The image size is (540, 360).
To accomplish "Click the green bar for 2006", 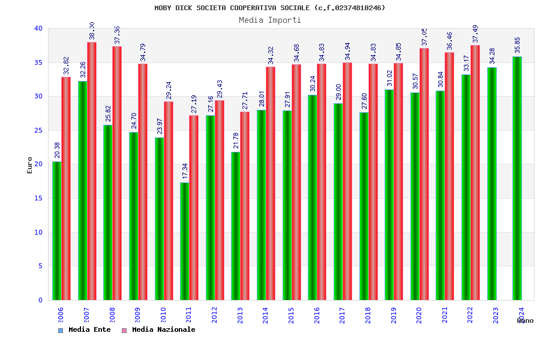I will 56,231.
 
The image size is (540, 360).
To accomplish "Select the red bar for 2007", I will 92,171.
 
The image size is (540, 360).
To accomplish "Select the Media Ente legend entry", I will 85,330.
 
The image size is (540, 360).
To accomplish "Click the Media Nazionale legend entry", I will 158,330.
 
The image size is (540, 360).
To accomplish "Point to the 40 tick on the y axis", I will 38,28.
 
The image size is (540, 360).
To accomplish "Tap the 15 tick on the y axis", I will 38,198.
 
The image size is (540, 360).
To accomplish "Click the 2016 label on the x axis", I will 317,315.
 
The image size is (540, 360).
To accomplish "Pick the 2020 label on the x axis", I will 419,315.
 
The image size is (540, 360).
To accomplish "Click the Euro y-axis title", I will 30,165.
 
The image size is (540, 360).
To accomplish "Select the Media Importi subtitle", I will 270,20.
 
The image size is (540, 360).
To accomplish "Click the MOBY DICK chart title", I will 270,8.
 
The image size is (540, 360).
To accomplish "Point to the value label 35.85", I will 518,45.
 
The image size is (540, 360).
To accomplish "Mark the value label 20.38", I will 58,150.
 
